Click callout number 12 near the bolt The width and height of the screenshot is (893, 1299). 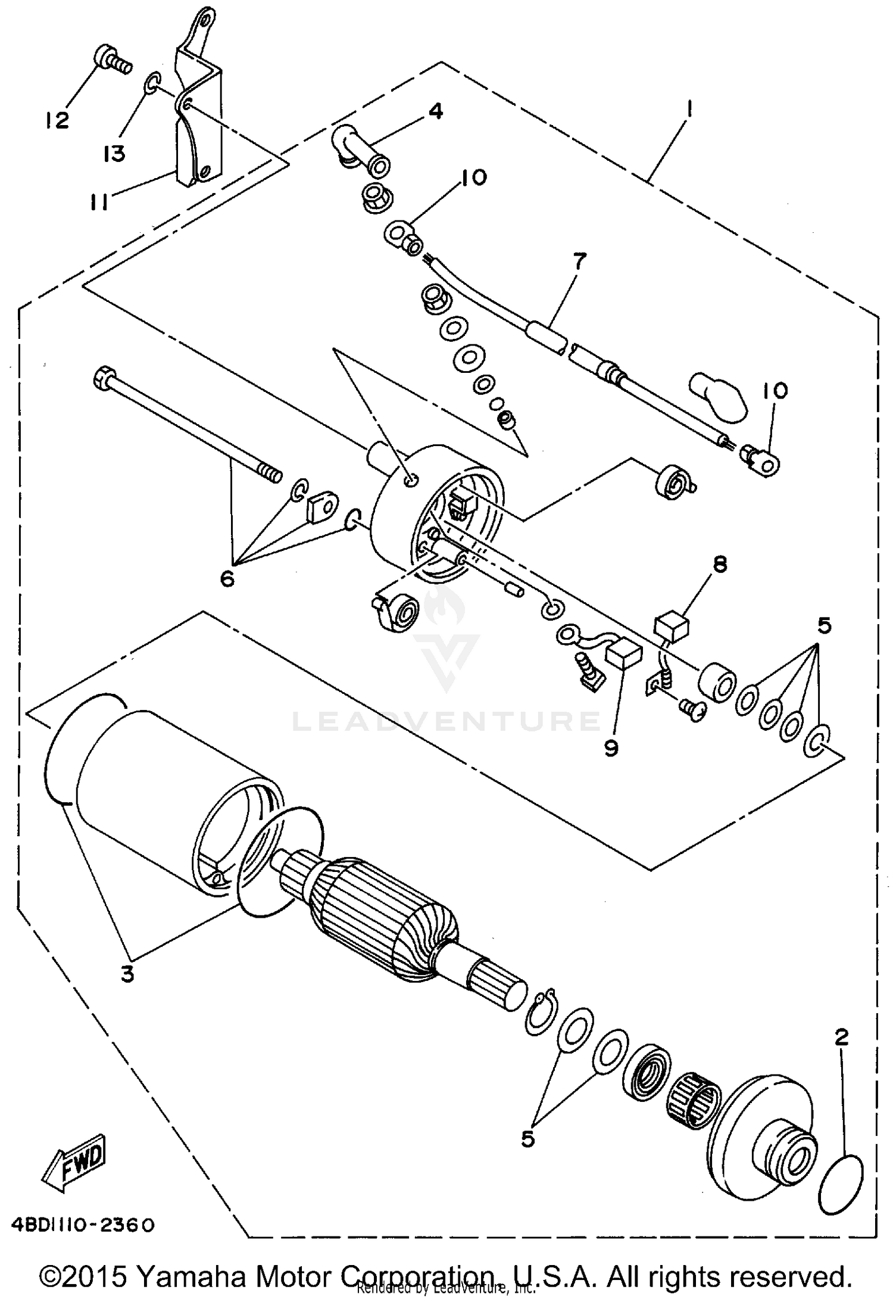pyautogui.click(x=58, y=121)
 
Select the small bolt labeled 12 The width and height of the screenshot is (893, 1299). pyautogui.click(x=110, y=59)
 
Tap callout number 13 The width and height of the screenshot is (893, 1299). pyautogui.click(x=113, y=154)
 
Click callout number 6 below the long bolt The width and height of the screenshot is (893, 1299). pyautogui.click(x=227, y=578)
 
